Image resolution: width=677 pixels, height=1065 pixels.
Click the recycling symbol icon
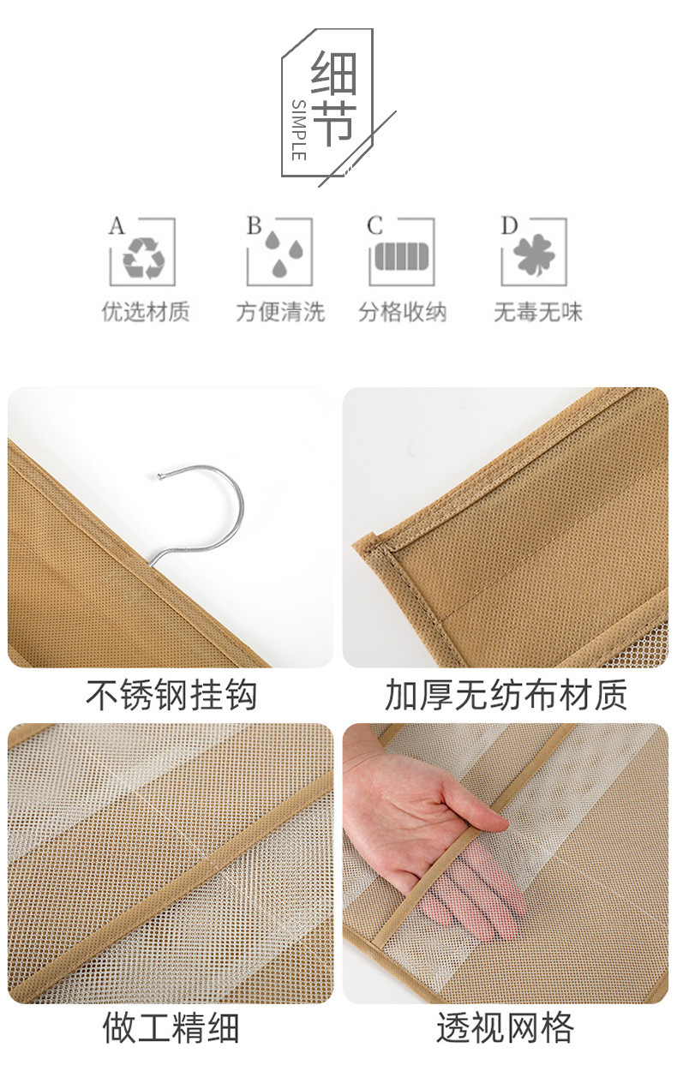click(x=144, y=258)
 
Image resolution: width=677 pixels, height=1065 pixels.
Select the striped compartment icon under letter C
click(x=402, y=256)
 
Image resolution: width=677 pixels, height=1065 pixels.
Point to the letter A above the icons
click(x=117, y=225)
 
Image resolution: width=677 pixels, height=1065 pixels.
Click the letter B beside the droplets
click(x=255, y=225)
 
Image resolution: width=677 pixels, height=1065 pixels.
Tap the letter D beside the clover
click(x=509, y=225)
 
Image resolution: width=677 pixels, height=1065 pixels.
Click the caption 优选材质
click(x=146, y=312)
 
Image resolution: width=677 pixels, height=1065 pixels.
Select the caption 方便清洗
click(x=280, y=312)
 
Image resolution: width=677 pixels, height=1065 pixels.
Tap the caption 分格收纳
click(x=402, y=312)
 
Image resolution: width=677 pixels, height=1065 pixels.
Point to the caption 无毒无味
click(x=537, y=312)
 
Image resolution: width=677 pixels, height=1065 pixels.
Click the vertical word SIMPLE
click(x=298, y=130)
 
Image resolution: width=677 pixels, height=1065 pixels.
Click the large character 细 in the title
click(x=333, y=73)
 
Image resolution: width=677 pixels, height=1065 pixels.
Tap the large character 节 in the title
click(x=333, y=123)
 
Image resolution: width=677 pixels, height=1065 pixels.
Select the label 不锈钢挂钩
click(x=171, y=695)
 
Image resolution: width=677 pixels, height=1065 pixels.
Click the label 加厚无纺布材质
click(x=506, y=695)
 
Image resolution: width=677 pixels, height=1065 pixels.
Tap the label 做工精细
click(x=171, y=1027)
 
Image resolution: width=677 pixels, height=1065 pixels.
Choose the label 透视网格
click(x=506, y=1027)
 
